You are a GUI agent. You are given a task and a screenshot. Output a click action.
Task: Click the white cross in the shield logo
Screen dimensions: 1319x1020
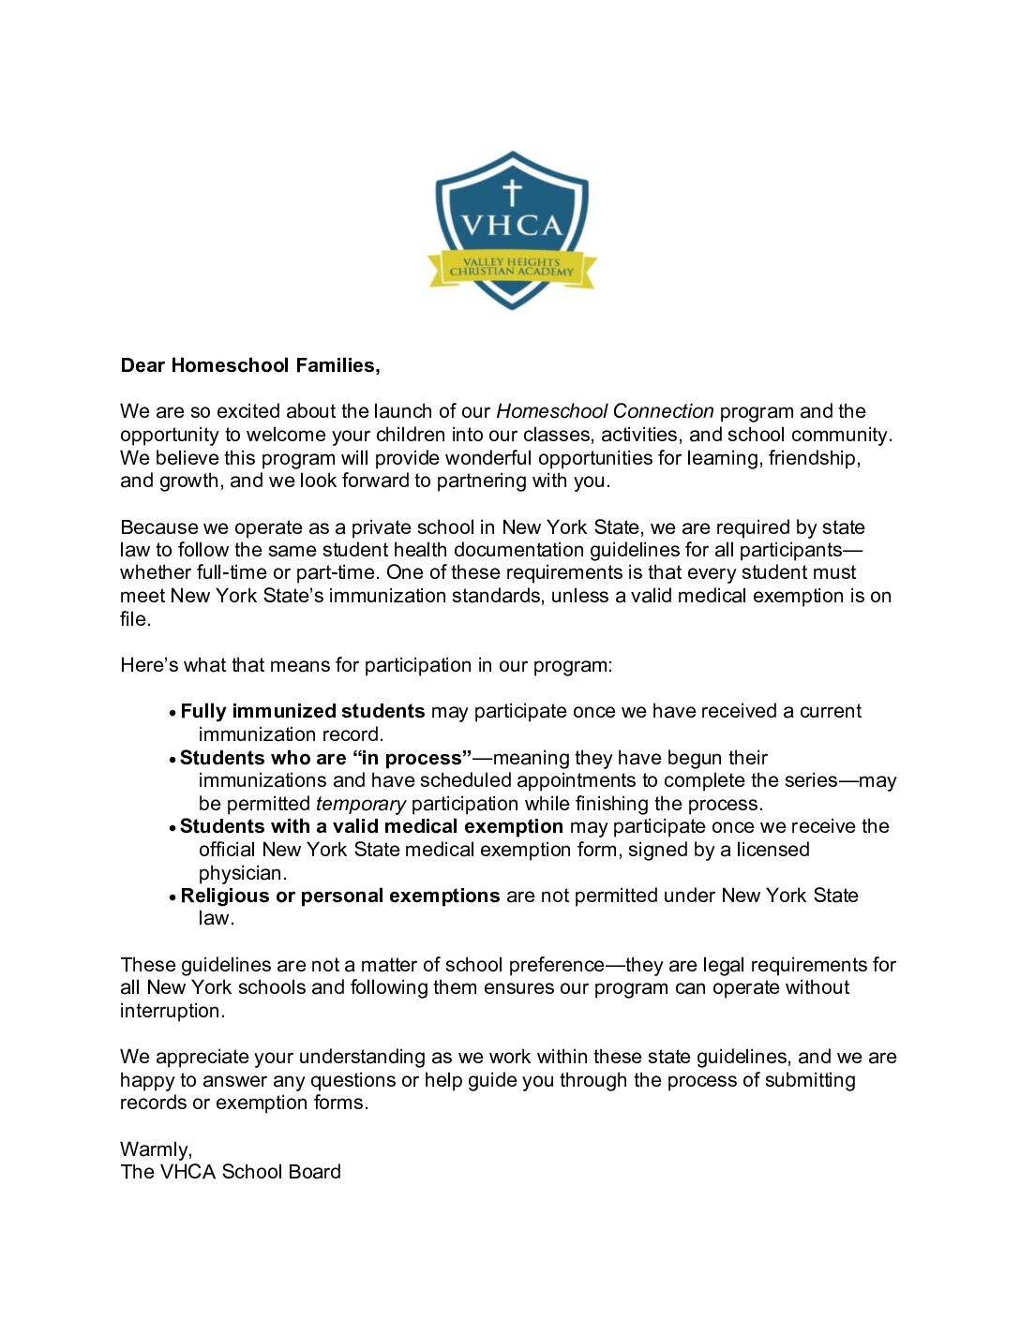511,192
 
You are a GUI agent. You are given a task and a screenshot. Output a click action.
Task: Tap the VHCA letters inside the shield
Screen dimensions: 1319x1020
512,226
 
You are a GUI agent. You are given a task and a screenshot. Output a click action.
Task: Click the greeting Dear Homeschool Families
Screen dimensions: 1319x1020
250,365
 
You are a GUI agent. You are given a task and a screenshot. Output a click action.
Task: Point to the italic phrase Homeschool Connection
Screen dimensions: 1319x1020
605,411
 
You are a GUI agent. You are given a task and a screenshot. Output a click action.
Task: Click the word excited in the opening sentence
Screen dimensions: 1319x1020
247,411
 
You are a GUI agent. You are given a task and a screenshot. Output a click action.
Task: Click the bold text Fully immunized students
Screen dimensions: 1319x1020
302,711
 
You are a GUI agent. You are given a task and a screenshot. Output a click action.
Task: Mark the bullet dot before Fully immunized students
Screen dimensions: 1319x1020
172,713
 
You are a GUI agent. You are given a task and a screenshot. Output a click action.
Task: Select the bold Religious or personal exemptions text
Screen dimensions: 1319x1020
339,896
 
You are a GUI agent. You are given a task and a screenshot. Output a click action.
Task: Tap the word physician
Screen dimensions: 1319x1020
242,873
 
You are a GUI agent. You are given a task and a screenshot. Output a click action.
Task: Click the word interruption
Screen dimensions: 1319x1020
172,1011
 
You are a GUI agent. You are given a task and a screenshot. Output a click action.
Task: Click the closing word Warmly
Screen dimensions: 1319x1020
156,1149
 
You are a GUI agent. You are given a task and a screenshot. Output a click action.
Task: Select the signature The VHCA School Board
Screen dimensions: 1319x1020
231,1172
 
